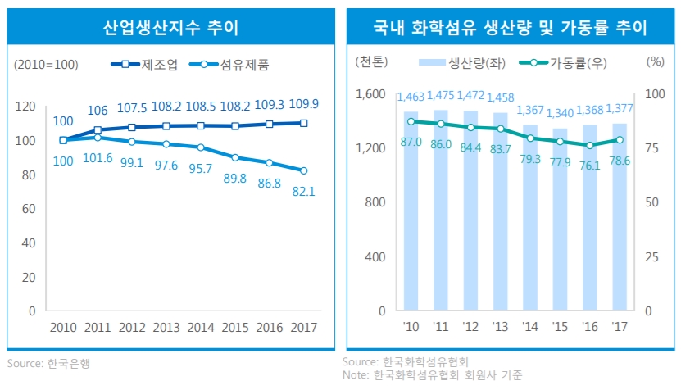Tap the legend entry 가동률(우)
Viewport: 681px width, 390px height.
pyautogui.click(x=570, y=62)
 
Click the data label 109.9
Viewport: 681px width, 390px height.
pyautogui.click(x=304, y=104)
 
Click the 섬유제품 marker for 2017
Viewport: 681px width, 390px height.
pyautogui.click(x=303, y=170)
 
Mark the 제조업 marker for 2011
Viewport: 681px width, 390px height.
pyautogui.click(x=98, y=129)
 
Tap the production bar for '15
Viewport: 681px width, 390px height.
pyautogui.click(x=560, y=220)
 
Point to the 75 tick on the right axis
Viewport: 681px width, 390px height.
pyautogui.click(x=653, y=148)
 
